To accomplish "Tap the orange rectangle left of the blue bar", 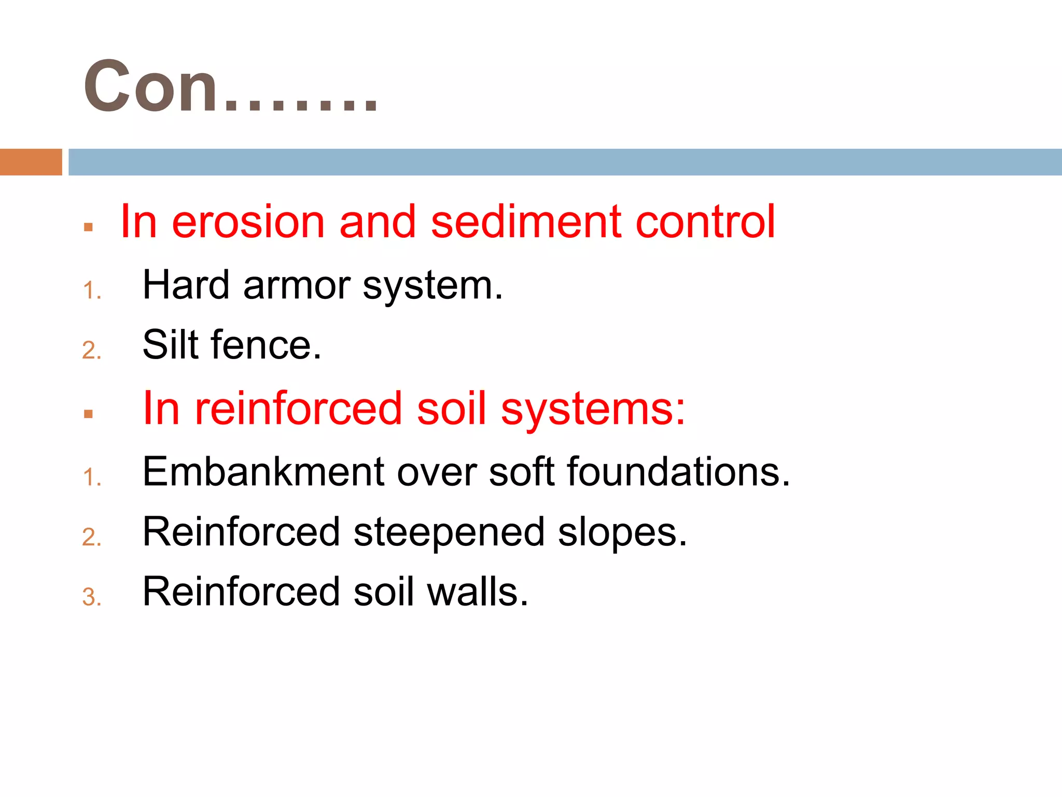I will click(31, 162).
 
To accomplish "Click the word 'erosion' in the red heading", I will click(248, 222).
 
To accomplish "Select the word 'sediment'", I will click(526, 222).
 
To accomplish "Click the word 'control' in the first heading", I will click(705, 222).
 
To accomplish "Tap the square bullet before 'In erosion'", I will click(88, 227).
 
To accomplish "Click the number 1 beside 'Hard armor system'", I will click(91, 291).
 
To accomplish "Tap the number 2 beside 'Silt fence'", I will click(91, 351).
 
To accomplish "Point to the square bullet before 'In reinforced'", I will click(88, 414).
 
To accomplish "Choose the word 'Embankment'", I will click(263, 472).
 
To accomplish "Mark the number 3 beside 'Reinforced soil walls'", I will click(91, 597).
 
